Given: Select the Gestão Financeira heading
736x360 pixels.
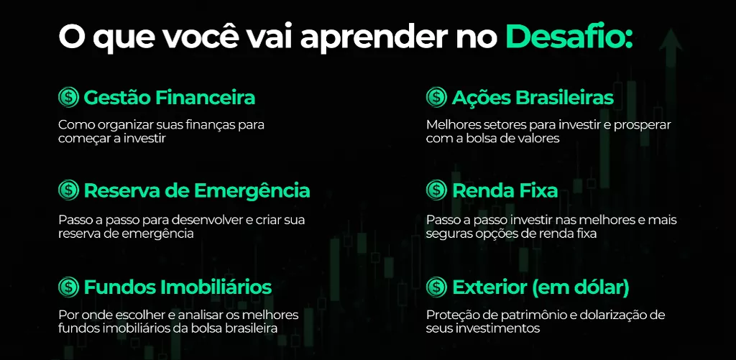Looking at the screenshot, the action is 170,98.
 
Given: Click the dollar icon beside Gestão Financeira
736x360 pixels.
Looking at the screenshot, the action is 68,98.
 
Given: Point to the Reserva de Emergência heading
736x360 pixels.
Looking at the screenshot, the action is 197,191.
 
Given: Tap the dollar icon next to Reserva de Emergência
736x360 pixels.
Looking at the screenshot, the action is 68,190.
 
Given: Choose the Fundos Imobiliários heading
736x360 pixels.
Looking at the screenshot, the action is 178,287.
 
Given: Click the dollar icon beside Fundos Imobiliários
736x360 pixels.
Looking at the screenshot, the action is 68,286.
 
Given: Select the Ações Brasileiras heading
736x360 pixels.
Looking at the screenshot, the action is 533,98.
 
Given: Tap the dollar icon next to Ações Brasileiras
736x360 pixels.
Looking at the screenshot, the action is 436,98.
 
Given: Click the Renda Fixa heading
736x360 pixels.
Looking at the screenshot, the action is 505,190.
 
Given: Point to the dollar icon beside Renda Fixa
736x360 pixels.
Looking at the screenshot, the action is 436,190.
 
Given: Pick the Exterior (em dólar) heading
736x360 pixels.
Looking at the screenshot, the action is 540,287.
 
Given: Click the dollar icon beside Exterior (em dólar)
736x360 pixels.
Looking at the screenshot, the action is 436,286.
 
